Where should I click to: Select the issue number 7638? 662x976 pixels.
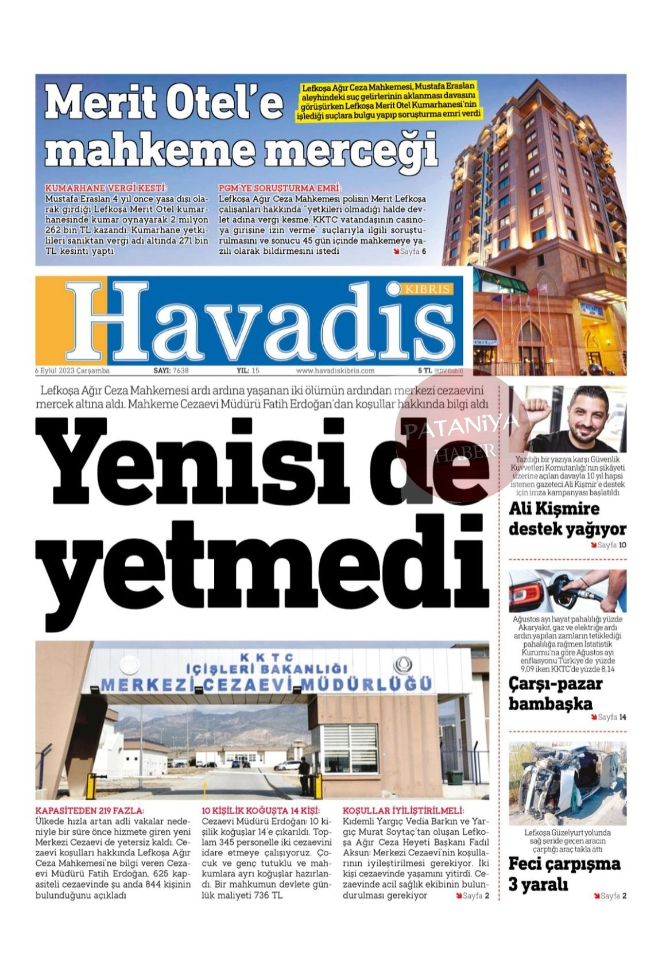[180, 371]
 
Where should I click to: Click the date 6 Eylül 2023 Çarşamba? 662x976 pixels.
[72, 371]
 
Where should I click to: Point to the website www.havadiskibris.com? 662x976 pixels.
[335, 371]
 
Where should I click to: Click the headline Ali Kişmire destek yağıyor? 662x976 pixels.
[567, 518]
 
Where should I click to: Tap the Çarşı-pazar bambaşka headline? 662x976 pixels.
[555, 694]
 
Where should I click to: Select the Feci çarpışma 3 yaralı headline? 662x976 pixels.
[564, 874]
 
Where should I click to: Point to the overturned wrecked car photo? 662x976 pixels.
[567, 783]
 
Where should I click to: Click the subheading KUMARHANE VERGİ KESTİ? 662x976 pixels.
[106, 188]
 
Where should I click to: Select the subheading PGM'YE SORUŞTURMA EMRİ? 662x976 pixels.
[280, 188]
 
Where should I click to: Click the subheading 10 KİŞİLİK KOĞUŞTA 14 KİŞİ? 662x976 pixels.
[260, 811]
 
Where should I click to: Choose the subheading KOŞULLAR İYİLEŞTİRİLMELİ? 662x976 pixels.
[403, 811]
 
